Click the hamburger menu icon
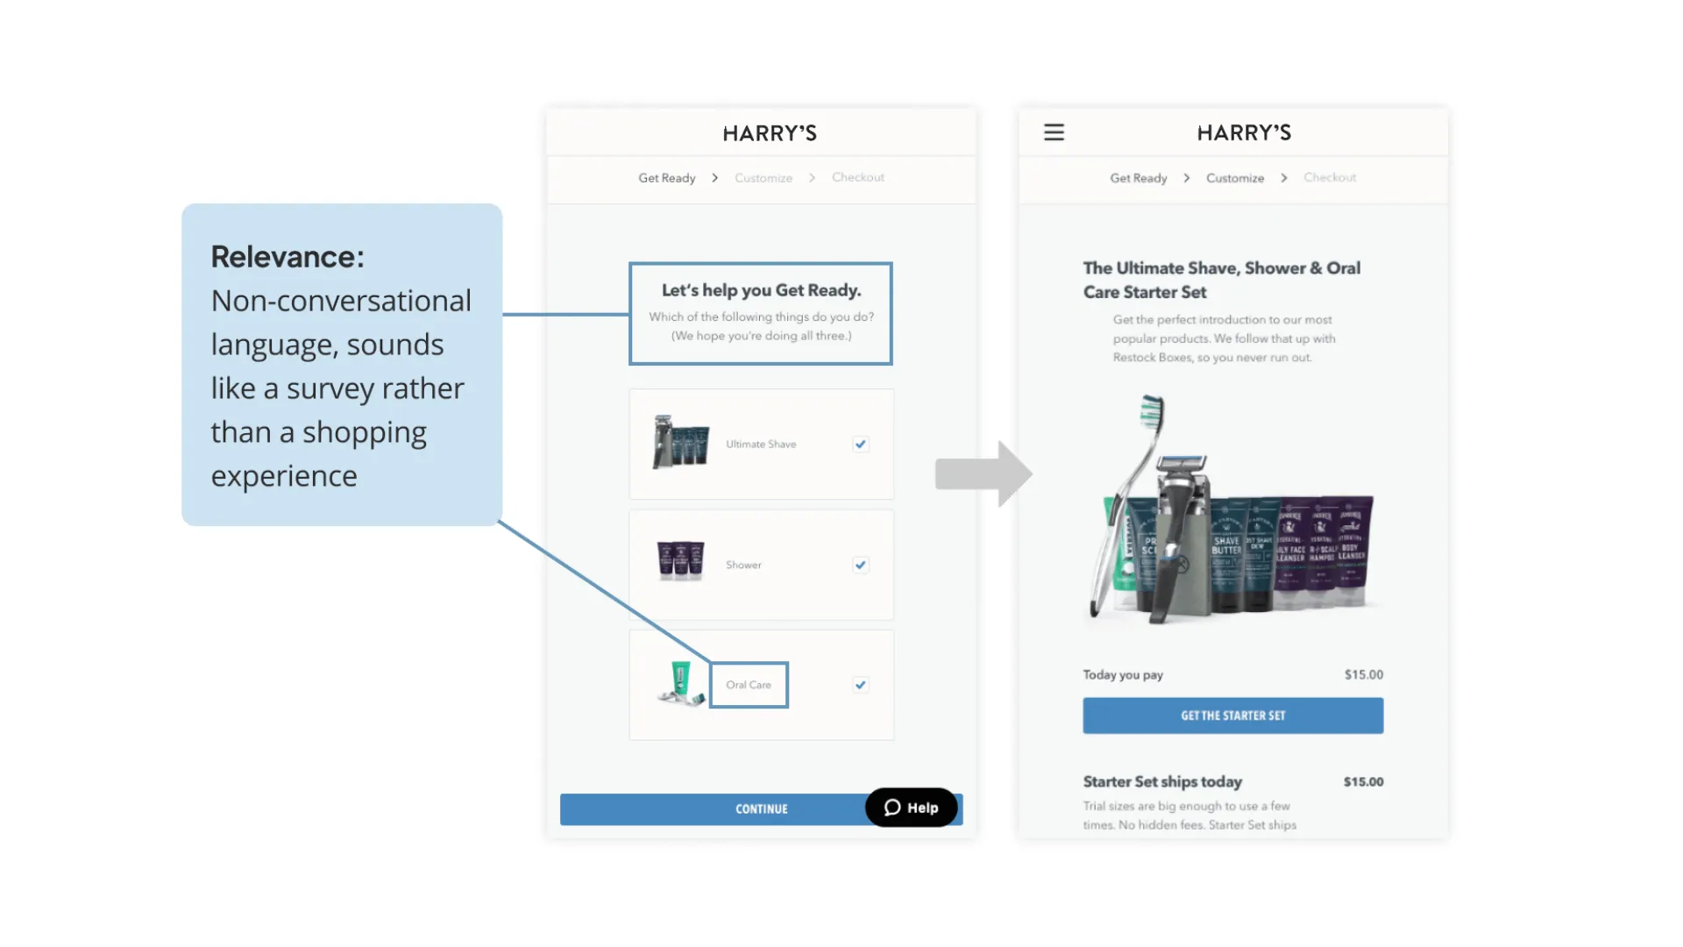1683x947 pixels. coord(1054,132)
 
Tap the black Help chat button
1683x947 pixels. coord(911,808)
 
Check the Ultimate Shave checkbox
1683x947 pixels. coord(861,445)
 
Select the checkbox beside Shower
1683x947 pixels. coord(861,565)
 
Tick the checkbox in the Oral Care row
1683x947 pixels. coord(861,685)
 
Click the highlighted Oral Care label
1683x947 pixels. coord(749,685)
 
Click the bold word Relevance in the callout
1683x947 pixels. coord(287,257)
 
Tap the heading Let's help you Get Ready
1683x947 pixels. coord(761,290)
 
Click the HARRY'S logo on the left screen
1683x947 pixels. coord(770,133)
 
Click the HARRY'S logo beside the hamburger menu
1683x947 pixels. coord(1244,132)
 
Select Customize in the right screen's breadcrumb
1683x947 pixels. coord(1235,178)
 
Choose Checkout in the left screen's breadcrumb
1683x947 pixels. coord(857,177)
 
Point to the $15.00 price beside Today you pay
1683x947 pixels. coord(1363,674)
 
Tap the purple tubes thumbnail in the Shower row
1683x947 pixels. coord(680,561)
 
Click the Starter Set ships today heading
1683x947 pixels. coord(1162,781)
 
